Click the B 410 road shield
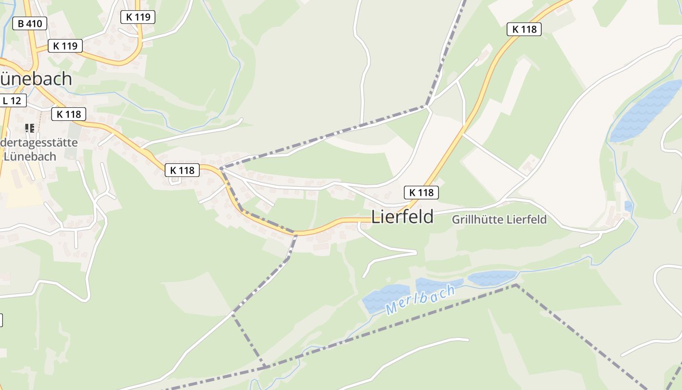(x=30, y=23)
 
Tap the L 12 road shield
(x=12, y=101)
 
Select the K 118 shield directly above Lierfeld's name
(x=421, y=193)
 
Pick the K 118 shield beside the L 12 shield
(x=69, y=114)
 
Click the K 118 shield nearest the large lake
(x=524, y=29)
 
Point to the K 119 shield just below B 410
(x=65, y=46)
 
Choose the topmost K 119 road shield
(x=138, y=17)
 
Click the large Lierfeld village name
(x=402, y=217)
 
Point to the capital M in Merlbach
(x=392, y=309)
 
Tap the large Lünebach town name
(x=37, y=78)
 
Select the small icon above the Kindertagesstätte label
(x=30, y=128)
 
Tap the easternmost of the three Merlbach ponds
(x=492, y=277)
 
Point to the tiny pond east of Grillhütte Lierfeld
(x=628, y=206)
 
